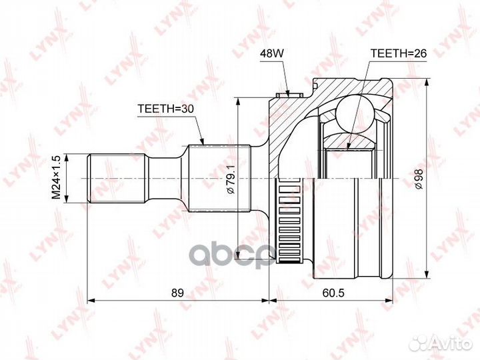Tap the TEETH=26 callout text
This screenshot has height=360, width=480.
pyautogui.click(x=398, y=53)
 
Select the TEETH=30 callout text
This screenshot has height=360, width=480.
pyautogui.click(x=165, y=109)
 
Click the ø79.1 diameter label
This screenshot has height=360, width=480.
pyautogui.click(x=231, y=179)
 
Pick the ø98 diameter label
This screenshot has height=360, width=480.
pyautogui.click(x=418, y=179)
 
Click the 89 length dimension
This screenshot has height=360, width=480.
pyautogui.click(x=177, y=293)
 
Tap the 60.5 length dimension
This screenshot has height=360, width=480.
pyautogui.click(x=333, y=293)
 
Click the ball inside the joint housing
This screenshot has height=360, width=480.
pyautogui.click(x=355, y=113)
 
